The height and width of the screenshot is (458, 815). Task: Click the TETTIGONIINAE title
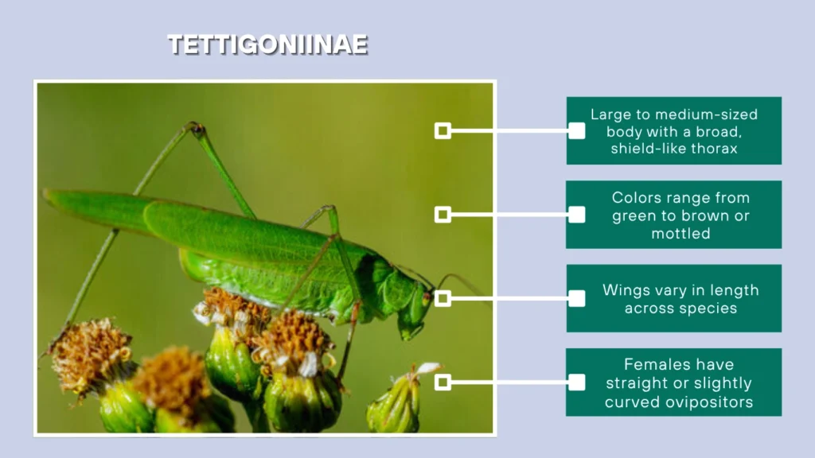pos(267,45)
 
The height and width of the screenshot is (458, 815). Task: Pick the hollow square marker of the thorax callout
pos(443,130)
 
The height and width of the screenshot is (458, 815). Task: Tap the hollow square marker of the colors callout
pos(443,214)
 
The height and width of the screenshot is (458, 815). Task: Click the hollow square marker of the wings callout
pos(443,298)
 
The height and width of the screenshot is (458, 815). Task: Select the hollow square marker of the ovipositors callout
pos(443,382)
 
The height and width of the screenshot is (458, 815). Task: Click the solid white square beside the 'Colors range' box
pos(577,214)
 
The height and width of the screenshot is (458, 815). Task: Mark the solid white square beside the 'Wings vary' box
pos(577,298)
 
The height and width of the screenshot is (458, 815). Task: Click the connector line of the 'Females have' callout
pos(509,382)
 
